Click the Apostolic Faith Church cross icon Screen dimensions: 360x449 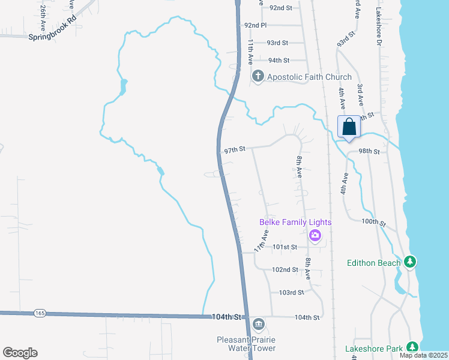pos(258,76)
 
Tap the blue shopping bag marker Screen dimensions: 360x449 pos(349,127)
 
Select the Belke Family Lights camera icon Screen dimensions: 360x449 pos(315,236)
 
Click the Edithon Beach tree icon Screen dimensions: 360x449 pos(410,262)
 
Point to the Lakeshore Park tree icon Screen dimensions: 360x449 pos(412,347)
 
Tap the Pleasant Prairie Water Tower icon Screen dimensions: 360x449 pos(258,325)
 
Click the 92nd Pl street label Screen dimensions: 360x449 pos(255,25)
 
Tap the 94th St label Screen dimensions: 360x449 pos(279,61)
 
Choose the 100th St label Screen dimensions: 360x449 pos(372,222)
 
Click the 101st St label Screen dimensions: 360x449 pos(285,247)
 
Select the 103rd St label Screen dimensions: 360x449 pos(292,293)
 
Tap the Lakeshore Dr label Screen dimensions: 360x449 pos(379,27)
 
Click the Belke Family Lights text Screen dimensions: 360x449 pos(295,223)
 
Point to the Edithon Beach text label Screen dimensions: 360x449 pos(373,263)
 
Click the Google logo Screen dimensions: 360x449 pos(20,353)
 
